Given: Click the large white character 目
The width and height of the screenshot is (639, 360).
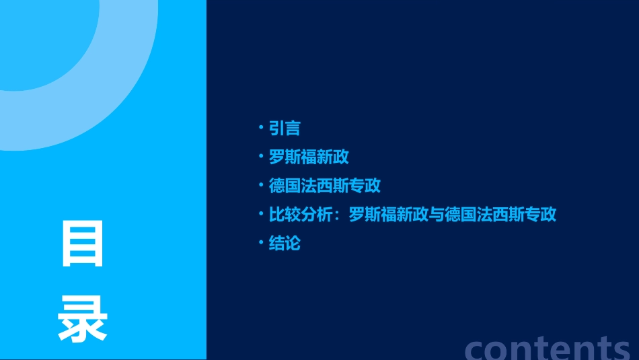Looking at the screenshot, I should pyautogui.click(x=83, y=244).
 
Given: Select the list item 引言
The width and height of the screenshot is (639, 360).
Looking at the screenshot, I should pyautogui.click(x=285, y=129).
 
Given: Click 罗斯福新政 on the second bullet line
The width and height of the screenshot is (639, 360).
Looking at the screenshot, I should pyautogui.click(x=309, y=157).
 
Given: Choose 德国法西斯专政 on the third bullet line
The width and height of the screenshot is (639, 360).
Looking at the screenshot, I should pyautogui.click(x=325, y=186).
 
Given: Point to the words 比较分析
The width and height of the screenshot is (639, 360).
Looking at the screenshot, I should pyautogui.click(x=301, y=215).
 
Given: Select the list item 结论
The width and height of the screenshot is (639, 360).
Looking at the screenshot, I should pyautogui.click(x=285, y=243).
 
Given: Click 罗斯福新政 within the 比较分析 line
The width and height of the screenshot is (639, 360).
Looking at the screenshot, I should pyautogui.click(x=389, y=215).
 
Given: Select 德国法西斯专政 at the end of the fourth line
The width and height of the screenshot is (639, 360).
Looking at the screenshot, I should pyautogui.click(x=501, y=215).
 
